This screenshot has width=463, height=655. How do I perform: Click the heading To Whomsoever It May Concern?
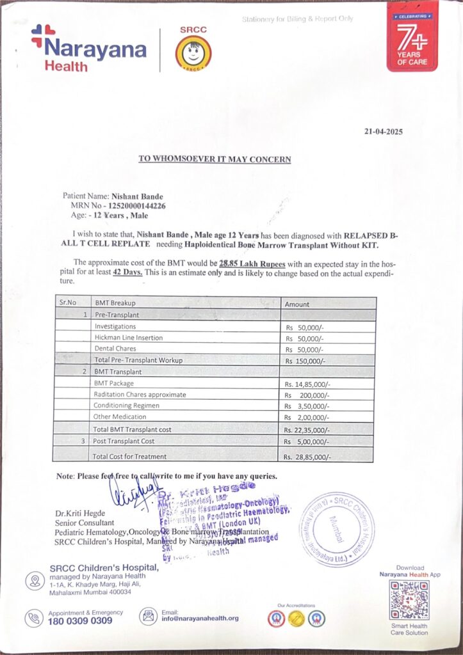(215, 159)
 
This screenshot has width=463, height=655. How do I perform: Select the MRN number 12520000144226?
(137, 206)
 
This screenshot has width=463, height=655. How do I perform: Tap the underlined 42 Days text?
(128, 272)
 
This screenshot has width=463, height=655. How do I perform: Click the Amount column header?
(297, 304)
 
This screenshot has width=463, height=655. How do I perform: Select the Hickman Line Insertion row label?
(128, 337)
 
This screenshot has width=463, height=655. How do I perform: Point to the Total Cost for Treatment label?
(130, 456)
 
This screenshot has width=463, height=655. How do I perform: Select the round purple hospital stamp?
(337, 528)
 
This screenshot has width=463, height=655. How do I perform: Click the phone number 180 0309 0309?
(80, 620)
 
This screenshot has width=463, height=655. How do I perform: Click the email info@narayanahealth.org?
(200, 619)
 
